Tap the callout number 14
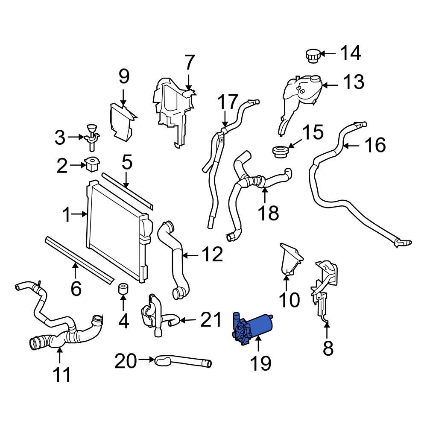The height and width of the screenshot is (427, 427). [350, 53]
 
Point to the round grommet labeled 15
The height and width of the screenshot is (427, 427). [280, 151]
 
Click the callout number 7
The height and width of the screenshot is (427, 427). [189, 63]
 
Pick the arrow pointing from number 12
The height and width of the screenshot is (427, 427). [191, 255]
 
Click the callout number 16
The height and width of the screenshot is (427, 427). [375, 145]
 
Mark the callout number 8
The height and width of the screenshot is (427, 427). [328, 349]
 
